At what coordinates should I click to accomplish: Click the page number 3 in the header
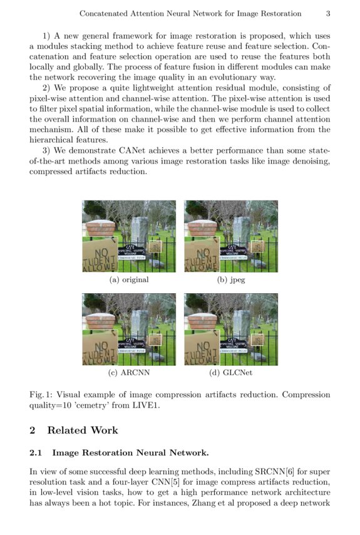[328, 13]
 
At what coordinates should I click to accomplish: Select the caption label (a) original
[129, 279]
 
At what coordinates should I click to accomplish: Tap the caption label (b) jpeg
[231, 279]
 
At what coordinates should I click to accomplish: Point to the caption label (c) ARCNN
[129, 373]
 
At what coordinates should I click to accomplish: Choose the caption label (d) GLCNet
[231, 373]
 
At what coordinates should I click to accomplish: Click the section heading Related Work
[83, 430]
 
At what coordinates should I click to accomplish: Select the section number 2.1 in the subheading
[38, 452]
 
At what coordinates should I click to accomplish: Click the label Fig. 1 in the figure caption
[41, 395]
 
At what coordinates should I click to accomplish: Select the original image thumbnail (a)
[129, 236]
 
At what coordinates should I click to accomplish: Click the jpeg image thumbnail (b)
[231, 236]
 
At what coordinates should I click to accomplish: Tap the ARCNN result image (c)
[129, 329]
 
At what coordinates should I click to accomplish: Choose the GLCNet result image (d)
[231, 329]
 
